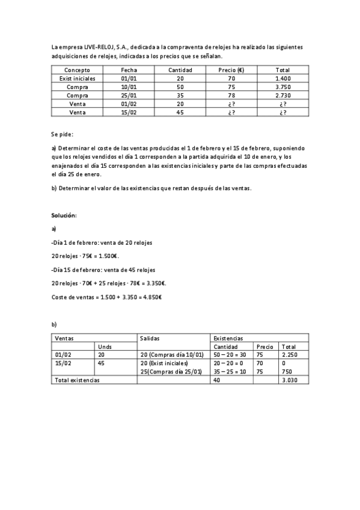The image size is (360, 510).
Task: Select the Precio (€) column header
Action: coord(231,70)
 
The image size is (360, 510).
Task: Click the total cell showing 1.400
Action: coord(282,79)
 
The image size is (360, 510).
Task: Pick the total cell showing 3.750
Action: coord(282,87)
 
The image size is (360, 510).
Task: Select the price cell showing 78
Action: coord(231,96)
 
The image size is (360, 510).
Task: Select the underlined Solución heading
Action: coord(64,215)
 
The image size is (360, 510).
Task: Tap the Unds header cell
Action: coord(105,347)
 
